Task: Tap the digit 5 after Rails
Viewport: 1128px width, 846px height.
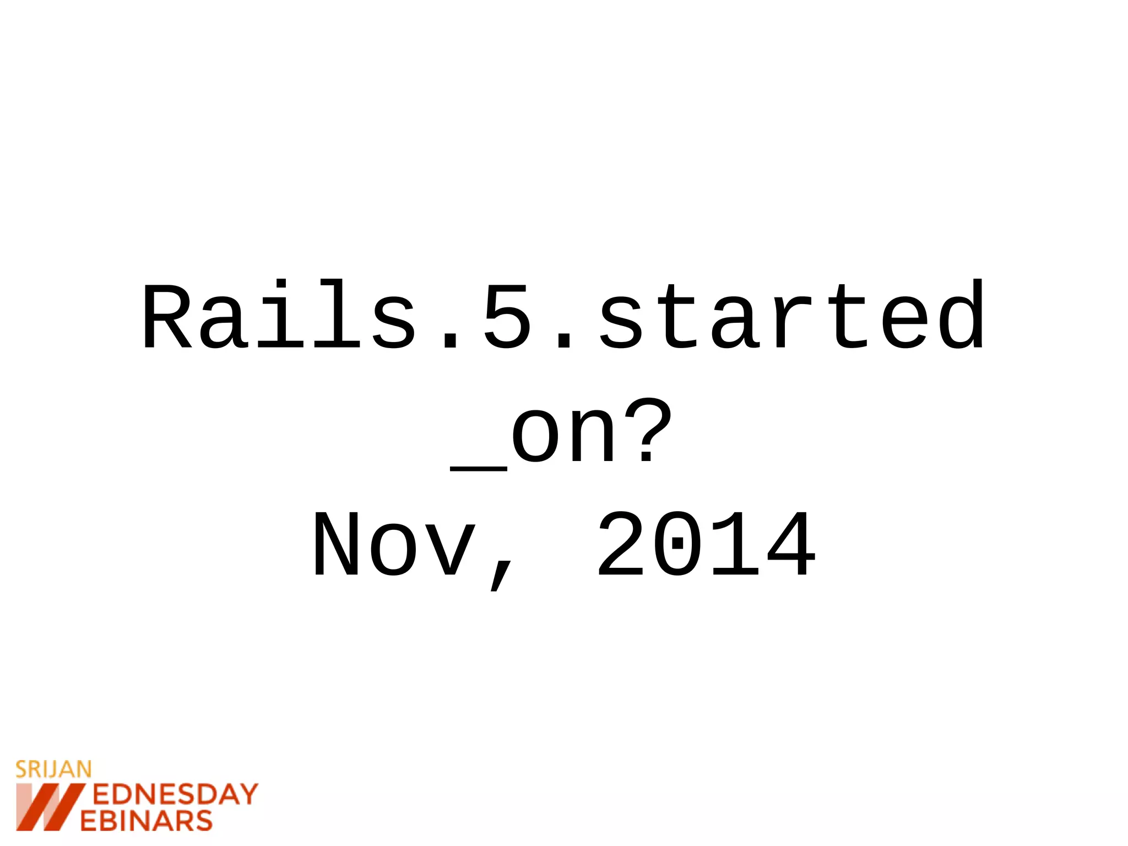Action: pyautogui.click(x=507, y=317)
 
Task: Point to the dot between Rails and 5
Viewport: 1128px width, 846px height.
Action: pyautogui.click(x=450, y=342)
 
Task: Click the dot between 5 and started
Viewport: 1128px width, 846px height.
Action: pyautogui.click(x=564, y=342)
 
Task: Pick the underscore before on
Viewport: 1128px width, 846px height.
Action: pyautogui.click(x=478, y=468)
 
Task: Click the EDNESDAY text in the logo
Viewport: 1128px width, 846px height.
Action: pyautogui.click(x=175, y=795)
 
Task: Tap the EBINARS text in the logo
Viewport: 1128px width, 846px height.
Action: pyautogui.click(x=146, y=821)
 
